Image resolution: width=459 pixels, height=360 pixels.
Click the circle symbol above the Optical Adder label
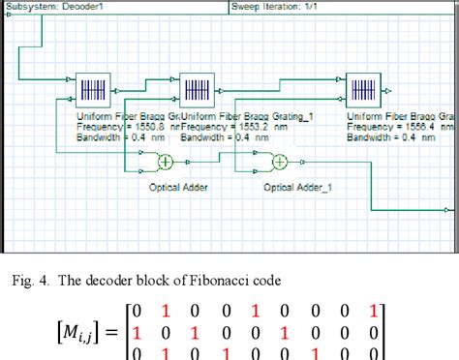(166, 162)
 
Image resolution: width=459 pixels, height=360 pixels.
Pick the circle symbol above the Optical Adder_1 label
(280, 162)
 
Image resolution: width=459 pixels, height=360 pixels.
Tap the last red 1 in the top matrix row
(373, 312)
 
